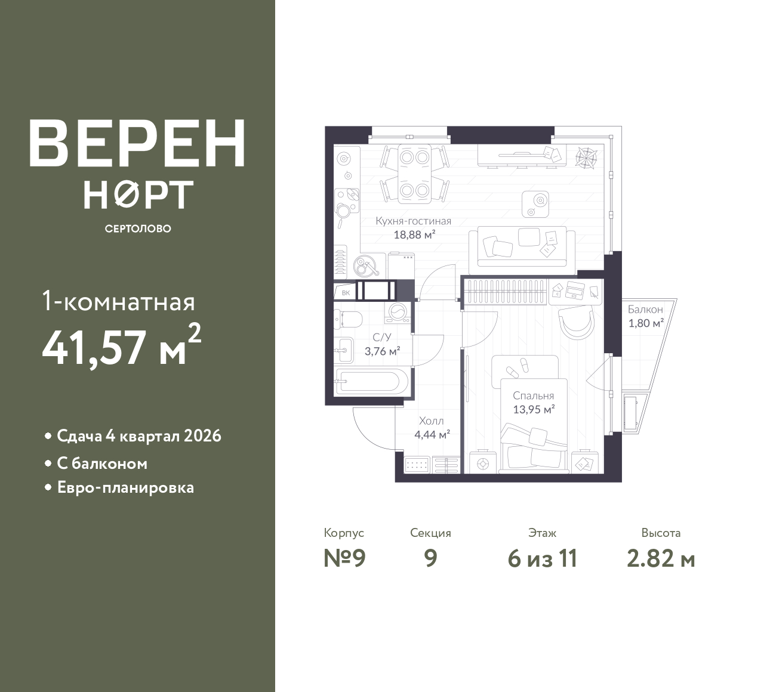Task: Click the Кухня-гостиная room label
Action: [x=413, y=221]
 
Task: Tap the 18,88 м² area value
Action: [x=414, y=235]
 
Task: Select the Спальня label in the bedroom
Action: [x=533, y=396]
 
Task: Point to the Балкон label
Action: [x=645, y=310]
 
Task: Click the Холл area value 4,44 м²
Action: [x=432, y=434]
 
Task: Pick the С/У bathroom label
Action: [x=382, y=337]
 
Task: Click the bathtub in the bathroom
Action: [x=371, y=382]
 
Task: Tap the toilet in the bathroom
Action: [x=348, y=319]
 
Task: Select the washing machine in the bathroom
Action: [x=398, y=313]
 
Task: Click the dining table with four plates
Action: [x=415, y=173]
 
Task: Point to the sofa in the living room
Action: [x=522, y=246]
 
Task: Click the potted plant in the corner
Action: [x=587, y=157]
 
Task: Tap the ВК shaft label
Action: [x=346, y=293]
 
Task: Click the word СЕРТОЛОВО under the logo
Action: [x=138, y=228]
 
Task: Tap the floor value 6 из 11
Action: [x=543, y=559]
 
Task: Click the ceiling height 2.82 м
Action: [x=661, y=559]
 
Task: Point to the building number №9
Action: [x=344, y=558]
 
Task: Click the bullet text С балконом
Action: [x=102, y=464]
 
